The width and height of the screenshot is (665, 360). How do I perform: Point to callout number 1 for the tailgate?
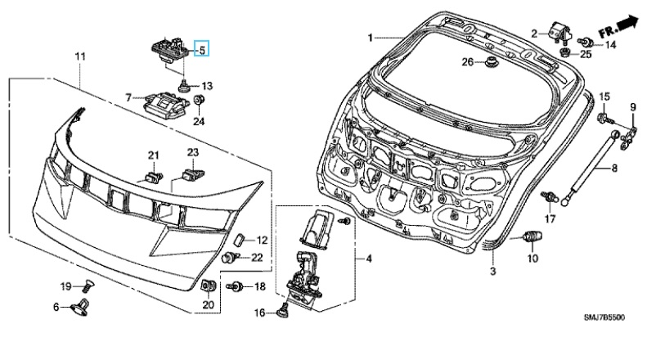pos(370,38)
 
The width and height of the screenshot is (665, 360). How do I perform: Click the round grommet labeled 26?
pos(491,62)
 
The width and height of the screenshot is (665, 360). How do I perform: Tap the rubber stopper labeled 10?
pos(532,237)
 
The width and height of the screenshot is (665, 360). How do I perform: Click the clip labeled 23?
pos(194,172)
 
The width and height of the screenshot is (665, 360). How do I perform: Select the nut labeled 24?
pos(199,100)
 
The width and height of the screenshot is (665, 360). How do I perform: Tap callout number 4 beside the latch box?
pos(368,259)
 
